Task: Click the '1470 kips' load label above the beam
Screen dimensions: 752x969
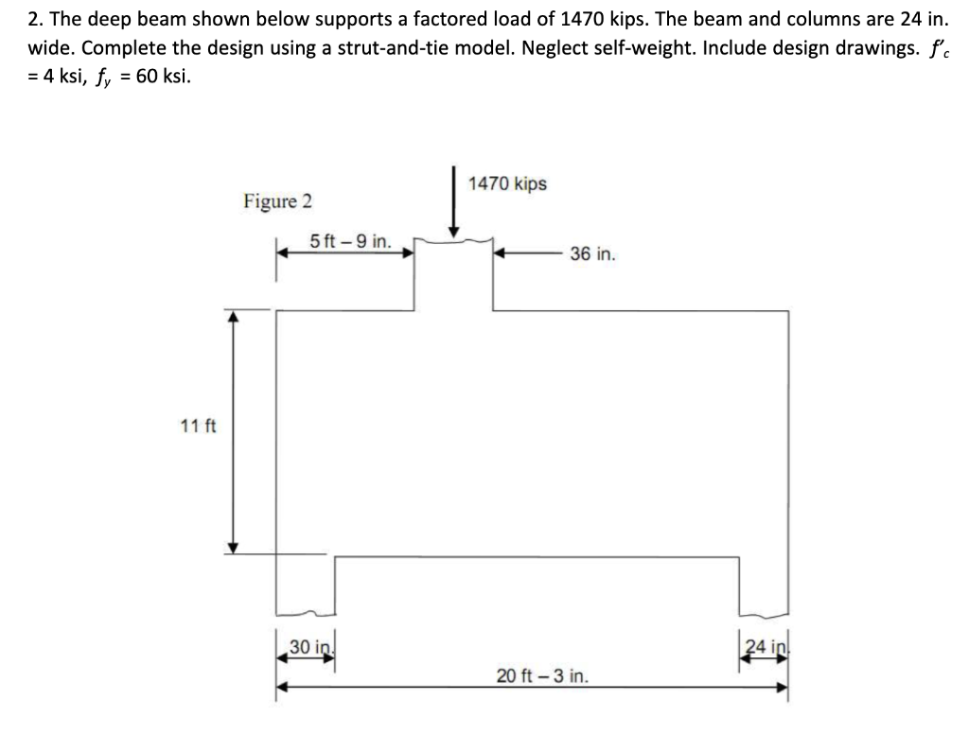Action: (508, 184)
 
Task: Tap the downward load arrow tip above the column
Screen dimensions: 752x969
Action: (455, 231)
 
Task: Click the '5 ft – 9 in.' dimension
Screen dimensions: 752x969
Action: (350, 241)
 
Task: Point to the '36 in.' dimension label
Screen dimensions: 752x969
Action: (593, 254)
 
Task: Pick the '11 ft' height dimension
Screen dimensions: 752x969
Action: (198, 426)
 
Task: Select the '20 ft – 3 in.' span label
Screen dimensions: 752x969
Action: (542, 676)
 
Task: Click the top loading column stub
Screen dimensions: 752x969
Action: (454, 274)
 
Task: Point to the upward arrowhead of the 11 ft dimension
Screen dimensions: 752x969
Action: (235, 316)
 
